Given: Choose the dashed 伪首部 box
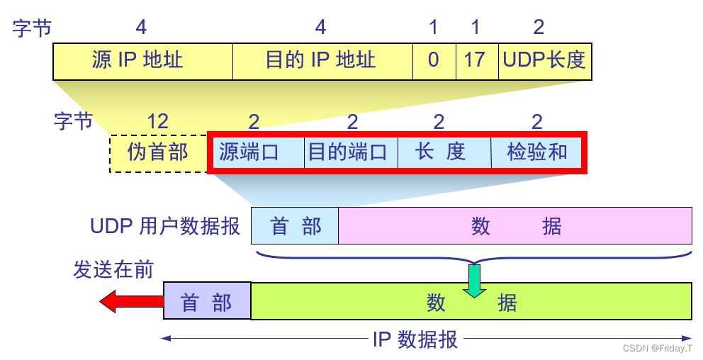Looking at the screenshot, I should (157, 152).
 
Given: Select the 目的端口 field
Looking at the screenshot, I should (351, 152).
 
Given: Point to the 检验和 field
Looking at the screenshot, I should (536, 152).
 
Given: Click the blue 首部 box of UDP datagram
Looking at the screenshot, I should (295, 227).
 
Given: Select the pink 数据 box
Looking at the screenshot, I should (515, 227).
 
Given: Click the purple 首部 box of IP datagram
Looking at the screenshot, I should (207, 303).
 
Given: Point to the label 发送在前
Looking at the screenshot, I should (113, 270).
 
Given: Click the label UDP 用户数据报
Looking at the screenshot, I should (164, 227).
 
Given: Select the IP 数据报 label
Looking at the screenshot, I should (415, 339).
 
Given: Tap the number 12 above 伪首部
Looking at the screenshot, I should (157, 122).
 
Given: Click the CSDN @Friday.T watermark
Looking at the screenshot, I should (658, 349).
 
